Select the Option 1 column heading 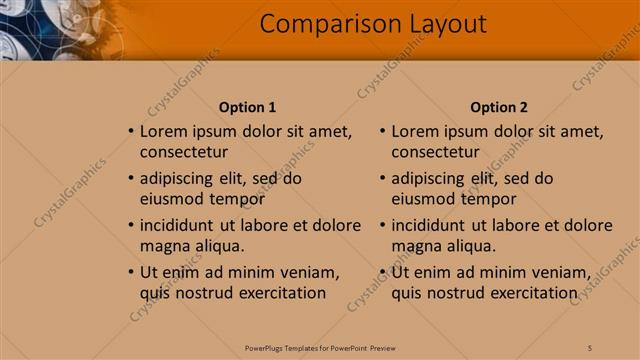point(247,108)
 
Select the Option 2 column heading point(498,108)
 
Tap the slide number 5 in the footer point(590,347)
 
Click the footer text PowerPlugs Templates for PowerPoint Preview point(320,347)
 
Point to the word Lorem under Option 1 point(163,131)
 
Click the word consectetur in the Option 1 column point(184,153)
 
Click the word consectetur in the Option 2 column point(435,153)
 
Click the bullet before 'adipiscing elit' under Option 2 point(382,179)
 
